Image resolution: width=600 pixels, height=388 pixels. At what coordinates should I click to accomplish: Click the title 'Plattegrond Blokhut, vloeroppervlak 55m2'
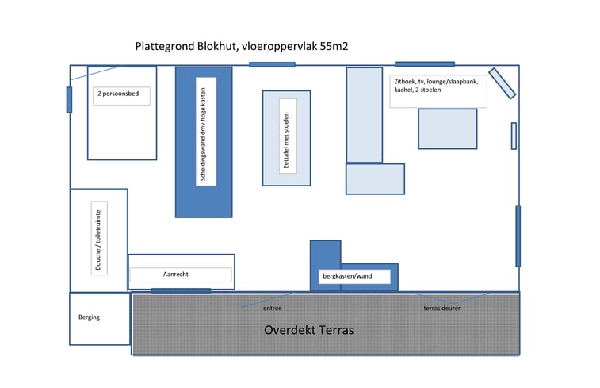click(243, 47)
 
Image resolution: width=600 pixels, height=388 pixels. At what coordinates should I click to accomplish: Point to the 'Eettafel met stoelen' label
click(287, 139)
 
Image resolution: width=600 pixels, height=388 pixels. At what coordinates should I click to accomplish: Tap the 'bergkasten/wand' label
click(346, 276)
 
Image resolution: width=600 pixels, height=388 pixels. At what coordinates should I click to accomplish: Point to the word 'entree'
click(272, 308)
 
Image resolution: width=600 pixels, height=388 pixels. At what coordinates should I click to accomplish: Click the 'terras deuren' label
click(442, 308)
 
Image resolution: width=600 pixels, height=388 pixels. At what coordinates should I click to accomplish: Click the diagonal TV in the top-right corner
click(503, 83)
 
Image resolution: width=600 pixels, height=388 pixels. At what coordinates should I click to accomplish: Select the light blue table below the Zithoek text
click(447, 129)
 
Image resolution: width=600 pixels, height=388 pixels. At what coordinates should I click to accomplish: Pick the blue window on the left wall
click(70, 99)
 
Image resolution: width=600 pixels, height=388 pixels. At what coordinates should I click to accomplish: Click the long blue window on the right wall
click(518, 236)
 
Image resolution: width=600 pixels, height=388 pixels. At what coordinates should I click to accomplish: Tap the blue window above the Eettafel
click(271, 64)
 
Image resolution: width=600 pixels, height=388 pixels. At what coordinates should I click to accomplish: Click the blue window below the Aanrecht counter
click(181, 291)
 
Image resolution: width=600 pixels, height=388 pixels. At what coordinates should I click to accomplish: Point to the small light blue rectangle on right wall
click(514, 136)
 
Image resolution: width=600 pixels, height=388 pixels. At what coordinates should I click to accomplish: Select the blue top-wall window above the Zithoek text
click(424, 63)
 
